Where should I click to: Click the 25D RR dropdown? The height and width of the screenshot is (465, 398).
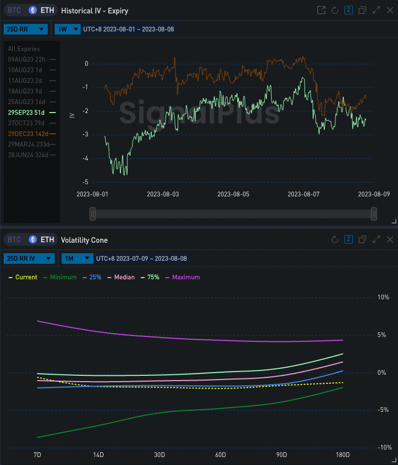(x=25, y=29)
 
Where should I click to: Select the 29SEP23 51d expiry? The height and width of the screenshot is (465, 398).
(x=27, y=113)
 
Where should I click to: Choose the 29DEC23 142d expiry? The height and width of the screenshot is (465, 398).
(x=28, y=134)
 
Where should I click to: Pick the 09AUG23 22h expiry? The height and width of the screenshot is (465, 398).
(x=27, y=59)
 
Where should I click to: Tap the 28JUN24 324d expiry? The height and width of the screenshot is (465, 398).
(x=27, y=155)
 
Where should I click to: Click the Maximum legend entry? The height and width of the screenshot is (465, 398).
(x=183, y=277)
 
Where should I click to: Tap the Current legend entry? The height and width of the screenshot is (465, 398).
(x=23, y=277)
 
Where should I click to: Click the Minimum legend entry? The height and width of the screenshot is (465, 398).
(x=59, y=277)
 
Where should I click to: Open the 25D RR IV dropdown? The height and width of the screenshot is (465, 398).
(x=29, y=259)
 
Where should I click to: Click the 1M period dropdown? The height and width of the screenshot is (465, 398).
(x=75, y=259)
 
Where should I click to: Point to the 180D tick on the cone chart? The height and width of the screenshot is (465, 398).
(x=343, y=455)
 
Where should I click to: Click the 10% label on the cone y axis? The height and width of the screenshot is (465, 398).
(x=383, y=297)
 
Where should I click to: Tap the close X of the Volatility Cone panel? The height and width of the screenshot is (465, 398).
(x=390, y=240)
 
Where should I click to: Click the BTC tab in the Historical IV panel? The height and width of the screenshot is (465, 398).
(x=14, y=11)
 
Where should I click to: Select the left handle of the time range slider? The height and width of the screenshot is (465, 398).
(x=93, y=213)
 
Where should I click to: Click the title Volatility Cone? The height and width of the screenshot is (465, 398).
(x=84, y=240)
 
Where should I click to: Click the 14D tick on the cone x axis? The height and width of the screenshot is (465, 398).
(x=98, y=455)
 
